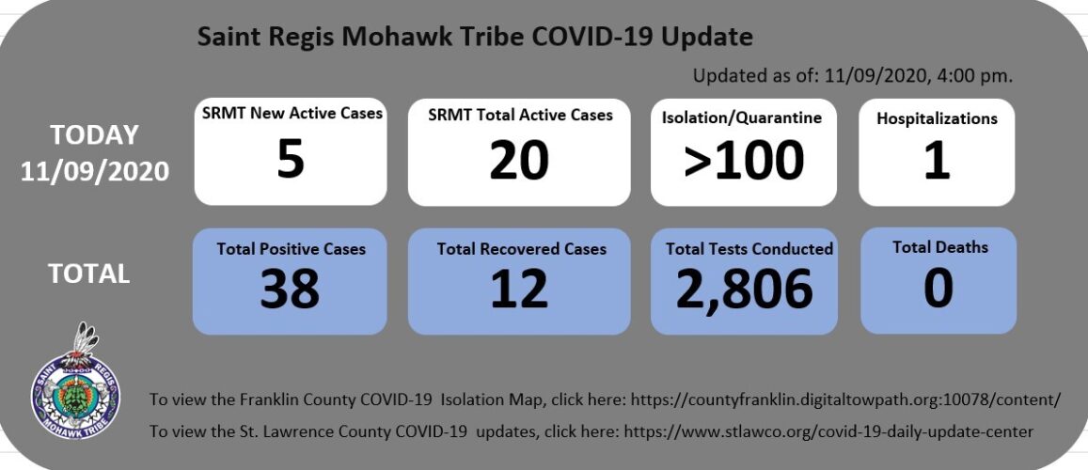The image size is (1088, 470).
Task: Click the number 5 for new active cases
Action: pyautogui.click(x=291, y=159)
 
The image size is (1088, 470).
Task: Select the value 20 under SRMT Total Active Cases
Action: pyautogui.click(x=519, y=160)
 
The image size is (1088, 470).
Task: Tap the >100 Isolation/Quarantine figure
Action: pyautogui.click(x=744, y=160)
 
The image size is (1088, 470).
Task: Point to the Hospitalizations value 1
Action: pyautogui.click(x=937, y=160)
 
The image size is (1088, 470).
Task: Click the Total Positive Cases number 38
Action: pyautogui.click(x=290, y=289)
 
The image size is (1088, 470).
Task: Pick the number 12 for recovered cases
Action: pyautogui.click(x=519, y=289)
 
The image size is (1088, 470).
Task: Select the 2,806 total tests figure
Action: pyautogui.click(x=744, y=290)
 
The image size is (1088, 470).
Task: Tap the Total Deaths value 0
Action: pyautogui.click(x=938, y=289)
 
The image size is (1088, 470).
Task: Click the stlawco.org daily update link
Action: pyautogui.click(x=829, y=431)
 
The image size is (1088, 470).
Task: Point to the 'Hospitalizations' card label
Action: pyautogui.click(x=937, y=118)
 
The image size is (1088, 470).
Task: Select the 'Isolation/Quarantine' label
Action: pyautogui.click(x=742, y=117)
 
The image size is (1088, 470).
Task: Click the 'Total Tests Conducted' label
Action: pyautogui.click(x=749, y=248)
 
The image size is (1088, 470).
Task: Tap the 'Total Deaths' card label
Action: pyautogui.click(x=940, y=247)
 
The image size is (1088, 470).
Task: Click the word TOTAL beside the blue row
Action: pyautogui.click(x=88, y=274)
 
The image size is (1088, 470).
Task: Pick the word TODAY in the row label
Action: pyautogui.click(x=94, y=134)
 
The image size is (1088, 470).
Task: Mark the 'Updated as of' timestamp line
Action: pyautogui.click(x=853, y=76)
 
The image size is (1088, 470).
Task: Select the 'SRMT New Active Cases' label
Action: pyautogui.click(x=292, y=113)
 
